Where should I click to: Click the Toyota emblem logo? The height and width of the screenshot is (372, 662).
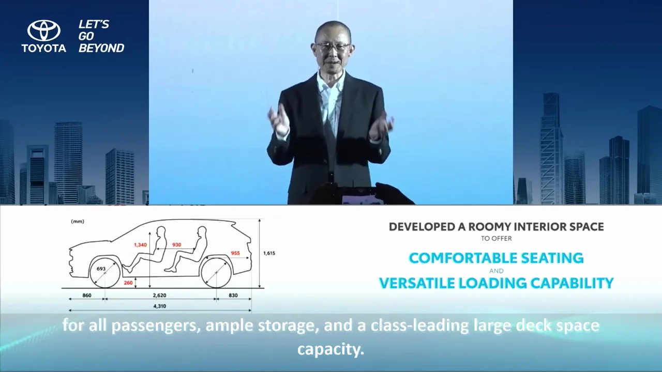44,30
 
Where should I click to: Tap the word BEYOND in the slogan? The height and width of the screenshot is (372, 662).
101,48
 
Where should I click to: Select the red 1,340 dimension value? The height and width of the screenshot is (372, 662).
140,245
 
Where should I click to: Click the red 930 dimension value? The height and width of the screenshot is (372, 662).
177,245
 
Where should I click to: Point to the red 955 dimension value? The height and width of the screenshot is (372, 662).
235,253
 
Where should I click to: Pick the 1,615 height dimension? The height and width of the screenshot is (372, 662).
269,253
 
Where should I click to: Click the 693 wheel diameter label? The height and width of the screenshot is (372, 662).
101,269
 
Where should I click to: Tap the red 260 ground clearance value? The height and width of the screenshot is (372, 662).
128,283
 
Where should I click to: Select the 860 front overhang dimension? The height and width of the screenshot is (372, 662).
87,295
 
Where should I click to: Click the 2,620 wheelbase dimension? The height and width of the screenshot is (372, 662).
160,295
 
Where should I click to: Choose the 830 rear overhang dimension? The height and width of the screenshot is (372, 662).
233,295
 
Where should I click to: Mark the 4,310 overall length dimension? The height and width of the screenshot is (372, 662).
160,306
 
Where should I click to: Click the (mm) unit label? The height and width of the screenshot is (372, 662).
78,222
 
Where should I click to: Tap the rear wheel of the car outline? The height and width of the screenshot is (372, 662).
216,272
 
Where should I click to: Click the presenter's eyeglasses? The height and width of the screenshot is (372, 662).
333,46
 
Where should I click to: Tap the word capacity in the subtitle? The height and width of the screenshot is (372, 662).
330,349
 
